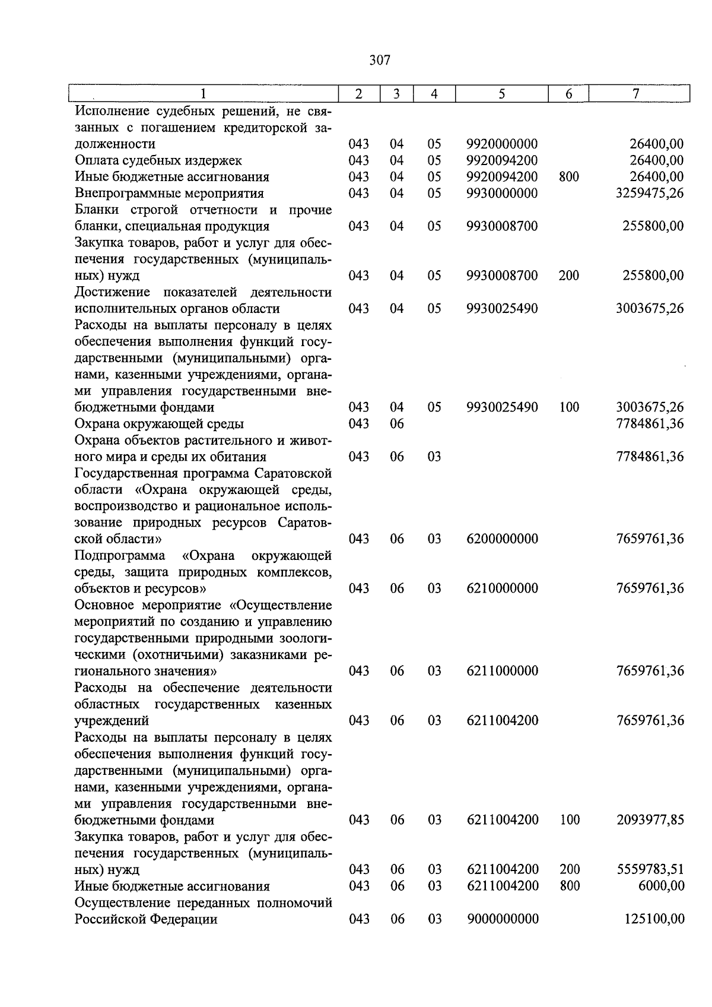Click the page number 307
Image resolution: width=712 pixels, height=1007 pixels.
point(380,60)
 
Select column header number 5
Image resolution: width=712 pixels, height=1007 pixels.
point(502,94)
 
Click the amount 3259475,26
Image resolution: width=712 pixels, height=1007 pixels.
point(650,194)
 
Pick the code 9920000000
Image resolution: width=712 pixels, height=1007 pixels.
point(502,144)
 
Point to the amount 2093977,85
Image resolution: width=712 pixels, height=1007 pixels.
point(650,821)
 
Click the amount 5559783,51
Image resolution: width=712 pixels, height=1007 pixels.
point(650,870)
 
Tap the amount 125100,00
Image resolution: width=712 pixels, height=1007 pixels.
point(654,920)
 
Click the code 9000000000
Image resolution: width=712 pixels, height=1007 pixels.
point(503,920)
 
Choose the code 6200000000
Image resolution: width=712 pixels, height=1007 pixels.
point(503,539)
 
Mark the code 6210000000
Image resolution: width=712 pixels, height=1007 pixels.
point(503,589)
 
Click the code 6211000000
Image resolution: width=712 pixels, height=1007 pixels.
point(503,672)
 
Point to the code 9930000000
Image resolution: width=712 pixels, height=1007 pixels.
point(502,194)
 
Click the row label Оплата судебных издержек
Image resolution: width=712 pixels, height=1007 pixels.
point(158,161)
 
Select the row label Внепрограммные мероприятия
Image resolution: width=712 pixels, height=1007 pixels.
point(169,194)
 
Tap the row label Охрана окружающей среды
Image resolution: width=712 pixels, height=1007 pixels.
point(159,424)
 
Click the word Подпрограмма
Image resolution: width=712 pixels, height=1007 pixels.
point(120,556)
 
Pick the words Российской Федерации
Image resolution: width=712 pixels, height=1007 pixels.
point(146,920)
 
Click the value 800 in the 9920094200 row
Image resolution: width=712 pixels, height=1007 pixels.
point(568,177)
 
